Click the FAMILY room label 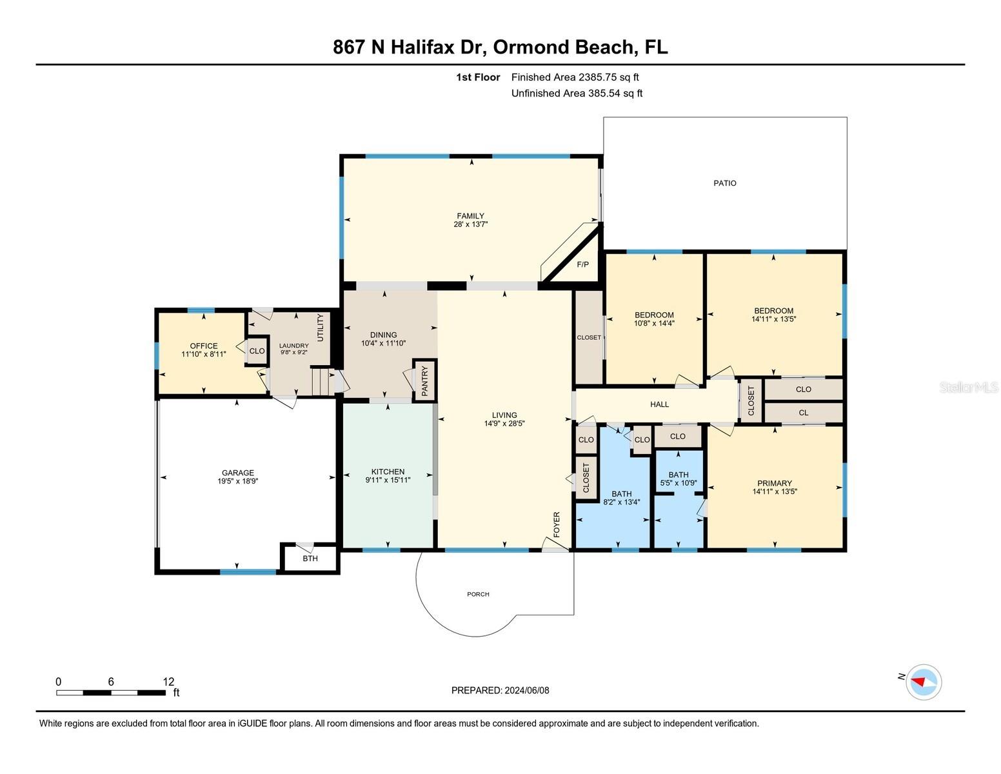coord(470,216)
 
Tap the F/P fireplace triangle coord(582,264)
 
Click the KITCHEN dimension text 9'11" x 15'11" coord(388,480)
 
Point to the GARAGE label coord(238,473)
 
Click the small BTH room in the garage coord(310,559)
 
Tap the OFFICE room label coord(204,346)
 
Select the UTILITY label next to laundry coord(321,328)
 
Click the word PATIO coord(725,183)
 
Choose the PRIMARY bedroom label coord(775,483)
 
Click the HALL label coord(659,404)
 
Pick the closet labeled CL coord(803,413)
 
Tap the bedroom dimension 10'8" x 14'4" coord(654,324)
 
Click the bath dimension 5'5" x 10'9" coord(679,483)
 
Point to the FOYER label coord(557,524)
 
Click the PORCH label coord(478,594)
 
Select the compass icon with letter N coord(923,682)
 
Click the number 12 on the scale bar coord(168,682)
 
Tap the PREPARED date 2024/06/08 coord(527,690)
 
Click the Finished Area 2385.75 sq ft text coord(575,77)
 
